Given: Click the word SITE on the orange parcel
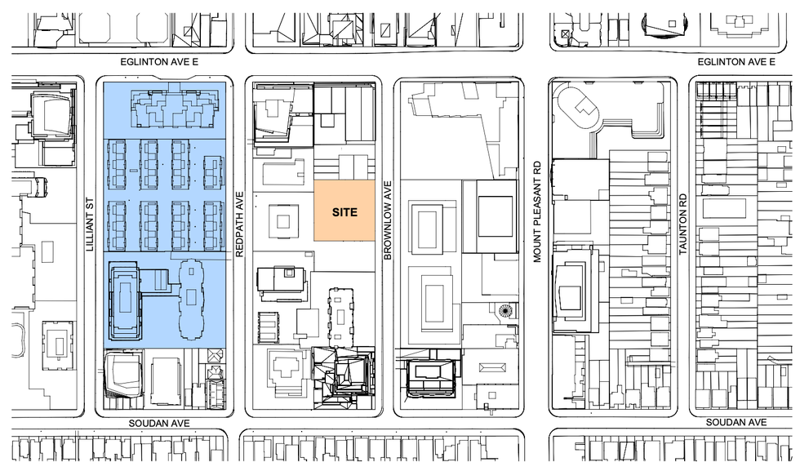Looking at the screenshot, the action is click(344, 212).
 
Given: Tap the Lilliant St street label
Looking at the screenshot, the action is click(90, 224).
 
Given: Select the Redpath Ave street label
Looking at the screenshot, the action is click(240, 224).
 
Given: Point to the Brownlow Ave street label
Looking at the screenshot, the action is click(387, 220).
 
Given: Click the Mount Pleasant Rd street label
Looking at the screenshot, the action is click(537, 211).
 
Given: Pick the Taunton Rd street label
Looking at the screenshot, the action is click(683, 224).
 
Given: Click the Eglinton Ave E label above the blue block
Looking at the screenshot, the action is click(159, 62).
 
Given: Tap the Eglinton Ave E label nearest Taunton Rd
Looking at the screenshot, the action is click(736, 62).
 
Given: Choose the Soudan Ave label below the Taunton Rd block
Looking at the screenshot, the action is click(736, 422).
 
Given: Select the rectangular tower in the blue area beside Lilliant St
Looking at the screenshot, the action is click(124, 300).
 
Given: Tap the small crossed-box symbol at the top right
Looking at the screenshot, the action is click(565, 35).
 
